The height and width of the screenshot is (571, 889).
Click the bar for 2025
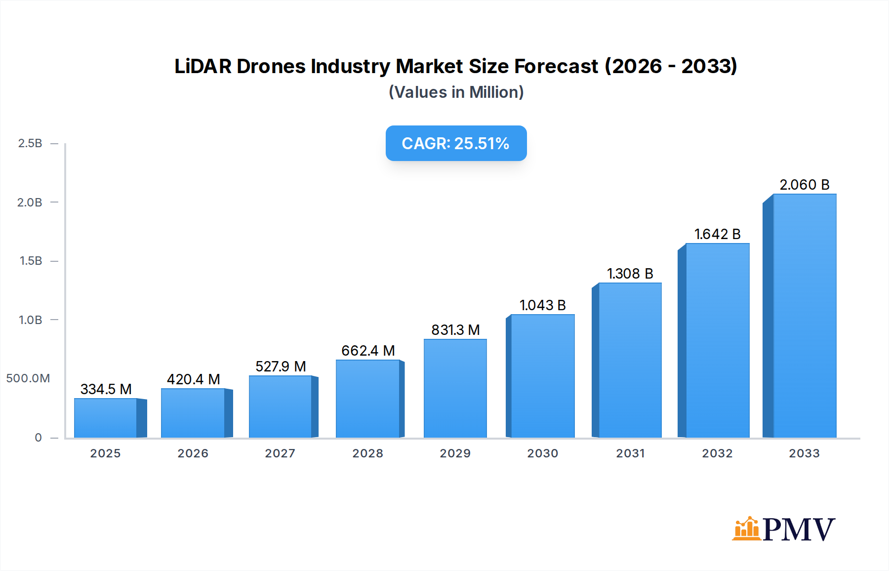[x=105, y=418]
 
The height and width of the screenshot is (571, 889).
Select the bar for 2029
[x=455, y=388]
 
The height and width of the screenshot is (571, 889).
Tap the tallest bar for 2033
[x=804, y=316]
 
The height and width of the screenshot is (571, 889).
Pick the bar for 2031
[x=630, y=361]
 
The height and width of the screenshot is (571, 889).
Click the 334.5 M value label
[x=106, y=389]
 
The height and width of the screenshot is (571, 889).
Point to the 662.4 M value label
[x=368, y=351]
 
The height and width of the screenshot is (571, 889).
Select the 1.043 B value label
[x=542, y=305]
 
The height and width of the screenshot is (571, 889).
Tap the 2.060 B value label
[x=804, y=185]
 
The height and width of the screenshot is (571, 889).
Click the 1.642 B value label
[x=717, y=234]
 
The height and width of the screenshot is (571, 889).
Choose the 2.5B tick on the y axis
[x=30, y=143]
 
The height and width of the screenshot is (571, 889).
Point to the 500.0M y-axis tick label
[x=28, y=378]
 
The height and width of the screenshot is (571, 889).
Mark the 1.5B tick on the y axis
[x=31, y=261]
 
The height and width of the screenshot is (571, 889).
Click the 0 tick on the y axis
[x=38, y=438]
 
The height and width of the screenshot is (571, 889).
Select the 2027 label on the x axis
[x=280, y=453]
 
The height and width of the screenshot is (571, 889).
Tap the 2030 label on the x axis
[x=542, y=453]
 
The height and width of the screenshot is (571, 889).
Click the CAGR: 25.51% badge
[x=456, y=143]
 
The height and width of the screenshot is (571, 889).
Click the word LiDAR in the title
[x=202, y=66]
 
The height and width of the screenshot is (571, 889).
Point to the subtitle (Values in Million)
[x=456, y=92]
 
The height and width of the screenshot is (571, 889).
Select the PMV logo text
[x=799, y=530]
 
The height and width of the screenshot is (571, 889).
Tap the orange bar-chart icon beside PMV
[x=746, y=529]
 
